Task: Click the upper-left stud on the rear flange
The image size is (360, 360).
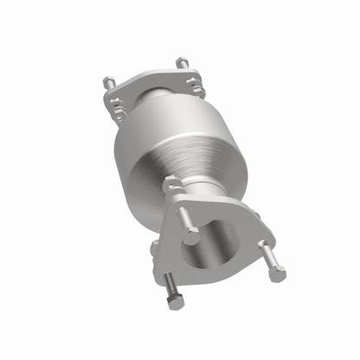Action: coord(110,83)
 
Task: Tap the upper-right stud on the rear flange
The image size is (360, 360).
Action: coord(182,62)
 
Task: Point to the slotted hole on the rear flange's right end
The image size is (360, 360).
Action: coord(196,86)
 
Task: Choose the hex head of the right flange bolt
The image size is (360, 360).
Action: coord(277,273)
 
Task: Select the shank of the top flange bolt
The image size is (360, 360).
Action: coord(184,217)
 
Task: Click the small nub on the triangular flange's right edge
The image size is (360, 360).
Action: coord(255,215)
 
